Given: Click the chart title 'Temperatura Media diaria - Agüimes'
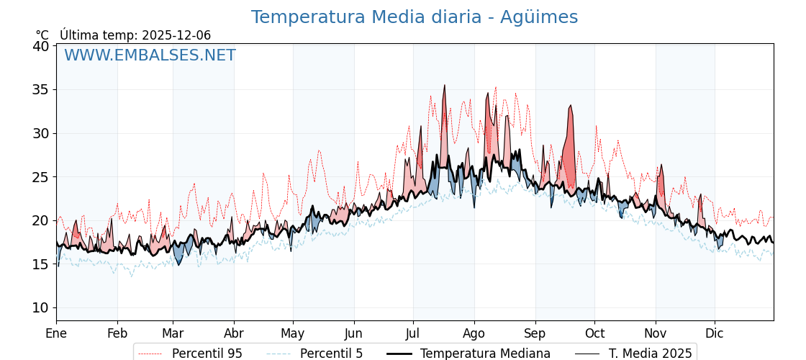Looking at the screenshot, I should coord(414,17).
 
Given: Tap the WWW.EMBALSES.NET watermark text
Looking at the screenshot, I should coord(150,55).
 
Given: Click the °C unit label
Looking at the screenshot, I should coord(42,35).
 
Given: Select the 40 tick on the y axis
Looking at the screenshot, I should coord(41,46).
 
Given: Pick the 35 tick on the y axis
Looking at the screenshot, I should coord(41,90).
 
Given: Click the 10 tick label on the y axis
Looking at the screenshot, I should coord(41,307).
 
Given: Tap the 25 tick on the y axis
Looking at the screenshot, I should coord(41,177).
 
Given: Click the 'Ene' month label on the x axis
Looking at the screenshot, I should coord(56,333).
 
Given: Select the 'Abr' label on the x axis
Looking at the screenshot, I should coord(234,333).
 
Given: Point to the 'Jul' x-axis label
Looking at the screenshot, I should coord(413,333).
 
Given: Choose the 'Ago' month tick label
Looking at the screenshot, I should coord(474,333).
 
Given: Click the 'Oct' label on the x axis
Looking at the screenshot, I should coord(594,333).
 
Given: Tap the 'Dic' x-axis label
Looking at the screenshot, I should coord(715,333).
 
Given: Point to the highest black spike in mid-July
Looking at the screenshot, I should coord(444,86).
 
